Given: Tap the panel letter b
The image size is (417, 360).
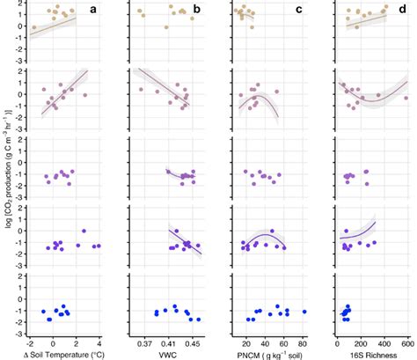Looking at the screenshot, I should pos(197,10).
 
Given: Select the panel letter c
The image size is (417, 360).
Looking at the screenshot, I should pos(299,10).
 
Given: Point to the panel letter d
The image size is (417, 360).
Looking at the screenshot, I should pos(401,10).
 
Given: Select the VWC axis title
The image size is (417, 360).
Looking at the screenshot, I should pos(169,353).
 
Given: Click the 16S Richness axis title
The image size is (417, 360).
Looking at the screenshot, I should pos(374,353).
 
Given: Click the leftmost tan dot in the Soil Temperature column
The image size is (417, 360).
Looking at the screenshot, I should pos(34,27).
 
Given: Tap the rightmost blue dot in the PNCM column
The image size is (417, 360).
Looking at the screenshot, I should pos(304,311).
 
